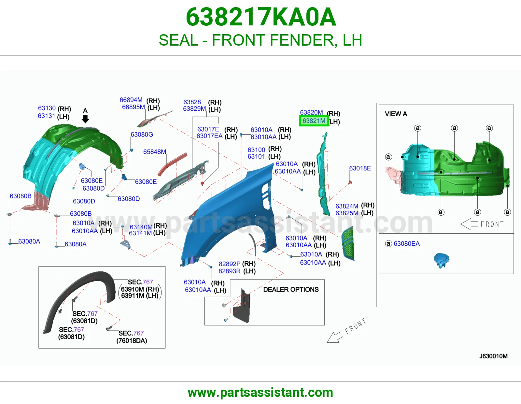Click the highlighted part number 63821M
coord(314,121)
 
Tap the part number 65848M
coord(155,152)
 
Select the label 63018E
coord(360,168)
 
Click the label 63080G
coord(142,135)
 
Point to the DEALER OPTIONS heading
coord(291,290)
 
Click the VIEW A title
coord(396,114)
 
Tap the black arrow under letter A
coord(85,119)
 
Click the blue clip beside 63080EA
coord(442,260)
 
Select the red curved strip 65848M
coord(173,164)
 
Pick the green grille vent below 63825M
coord(348,243)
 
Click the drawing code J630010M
coord(493,356)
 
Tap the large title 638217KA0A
coord(261,17)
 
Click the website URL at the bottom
coord(260,393)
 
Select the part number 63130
coord(47,108)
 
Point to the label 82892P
coord(230,264)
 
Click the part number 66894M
coord(131,100)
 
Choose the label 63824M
coord(347,206)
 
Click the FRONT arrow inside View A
coord(469,224)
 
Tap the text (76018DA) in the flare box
coord(132,341)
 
